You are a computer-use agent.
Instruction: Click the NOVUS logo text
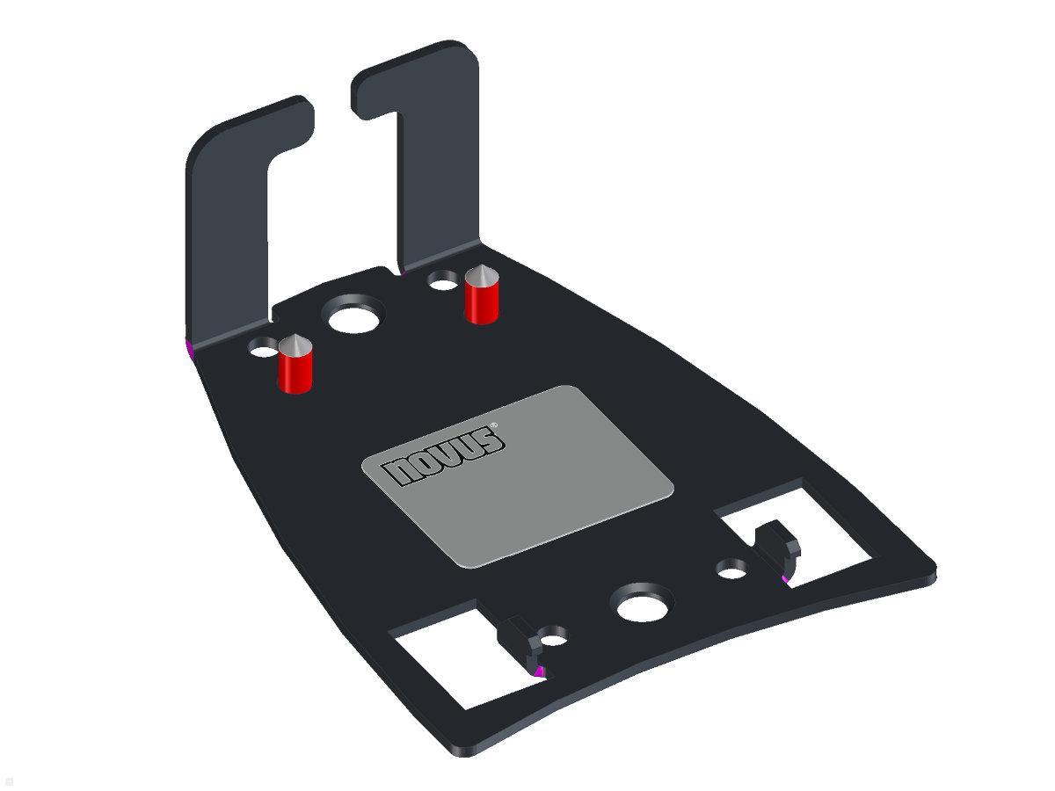[x=447, y=456]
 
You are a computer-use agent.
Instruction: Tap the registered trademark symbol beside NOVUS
[x=494, y=425]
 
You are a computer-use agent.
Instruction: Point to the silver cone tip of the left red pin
[x=294, y=344]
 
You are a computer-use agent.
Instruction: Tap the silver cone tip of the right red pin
[x=481, y=274]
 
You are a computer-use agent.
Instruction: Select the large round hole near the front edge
[x=644, y=605]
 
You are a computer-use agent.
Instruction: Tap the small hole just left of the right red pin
[x=442, y=281]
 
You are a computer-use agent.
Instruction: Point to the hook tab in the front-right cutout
[x=778, y=545]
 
